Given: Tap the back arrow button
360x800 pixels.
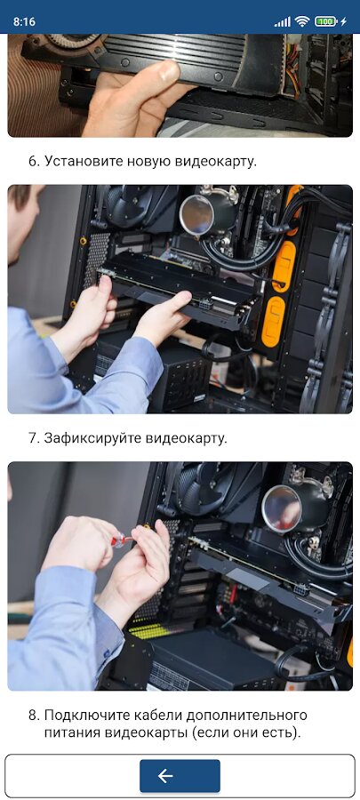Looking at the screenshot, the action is click(x=180, y=775).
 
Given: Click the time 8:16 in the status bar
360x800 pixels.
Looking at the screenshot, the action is click(x=24, y=21).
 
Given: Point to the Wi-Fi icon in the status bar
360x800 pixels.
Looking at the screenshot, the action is click(x=302, y=21).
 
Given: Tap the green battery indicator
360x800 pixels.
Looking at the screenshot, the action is click(x=326, y=21).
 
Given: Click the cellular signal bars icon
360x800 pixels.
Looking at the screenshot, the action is click(x=282, y=22).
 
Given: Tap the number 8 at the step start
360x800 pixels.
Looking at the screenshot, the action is click(x=32, y=715).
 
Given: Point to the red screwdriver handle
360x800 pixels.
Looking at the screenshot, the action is click(x=119, y=540).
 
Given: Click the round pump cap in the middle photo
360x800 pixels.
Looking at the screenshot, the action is click(x=198, y=215).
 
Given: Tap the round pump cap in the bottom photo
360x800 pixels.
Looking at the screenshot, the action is click(x=282, y=508).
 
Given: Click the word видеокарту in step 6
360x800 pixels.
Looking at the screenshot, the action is click(x=214, y=162).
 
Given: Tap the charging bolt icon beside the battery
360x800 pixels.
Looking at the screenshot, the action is click(x=344, y=21).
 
